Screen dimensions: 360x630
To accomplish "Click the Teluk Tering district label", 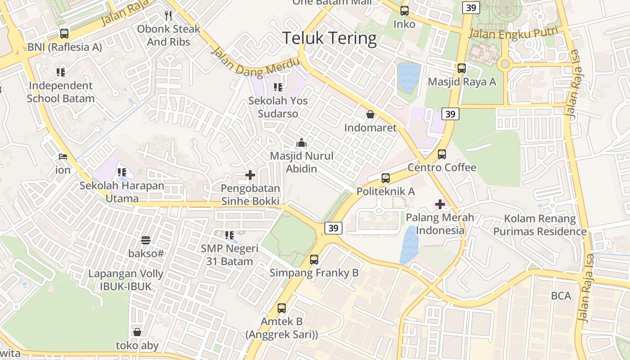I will pyautogui.click(x=329, y=38).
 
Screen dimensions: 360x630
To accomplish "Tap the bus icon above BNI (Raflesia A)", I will pyautogui.click(x=64, y=33).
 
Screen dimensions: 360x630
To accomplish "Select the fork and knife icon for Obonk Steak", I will pyautogui.click(x=168, y=16).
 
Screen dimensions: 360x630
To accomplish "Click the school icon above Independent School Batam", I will pyautogui.click(x=61, y=72).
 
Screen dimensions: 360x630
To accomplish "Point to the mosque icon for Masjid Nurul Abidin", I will pyautogui.click(x=301, y=143).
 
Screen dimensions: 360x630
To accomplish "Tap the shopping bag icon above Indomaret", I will pyautogui.click(x=370, y=114).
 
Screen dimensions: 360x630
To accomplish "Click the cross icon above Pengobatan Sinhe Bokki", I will pyautogui.click(x=250, y=175).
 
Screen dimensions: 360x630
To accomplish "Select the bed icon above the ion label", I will pyautogui.click(x=63, y=157).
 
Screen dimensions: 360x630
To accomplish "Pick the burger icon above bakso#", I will pyautogui.click(x=146, y=240).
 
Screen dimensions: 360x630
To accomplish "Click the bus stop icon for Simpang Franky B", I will pyautogui.click(x=314, y=260).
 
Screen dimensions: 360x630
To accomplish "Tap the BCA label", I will pyautogui.click(x=561, y=296).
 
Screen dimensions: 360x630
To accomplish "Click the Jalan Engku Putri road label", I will pyautogui.click(x=513, y=33).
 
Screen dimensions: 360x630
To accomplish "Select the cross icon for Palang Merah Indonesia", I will pyautogui.click(x=440, y=204).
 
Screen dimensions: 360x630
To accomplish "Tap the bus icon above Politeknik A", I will pyautogui.click(x=386, y=178).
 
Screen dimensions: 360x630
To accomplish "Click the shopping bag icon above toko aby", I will pyautogui.click(x=137, y=332).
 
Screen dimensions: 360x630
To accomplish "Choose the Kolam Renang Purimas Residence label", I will pyautogui.click(x=540, y=225).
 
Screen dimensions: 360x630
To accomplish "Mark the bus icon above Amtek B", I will pyautogui.click(x=282, y=308).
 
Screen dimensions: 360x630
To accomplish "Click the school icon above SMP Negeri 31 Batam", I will pyautogui.click(x=229, y=235).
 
